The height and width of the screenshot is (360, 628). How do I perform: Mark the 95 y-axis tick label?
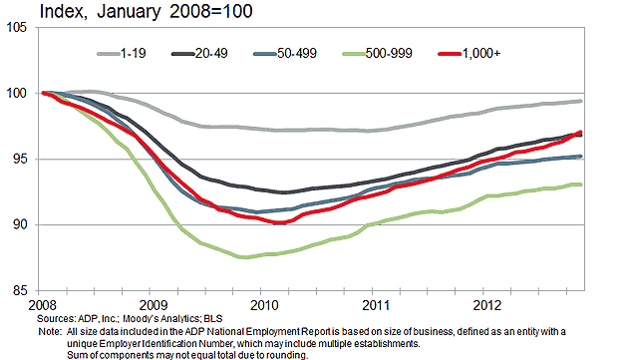pyautogui.click(x=20, y=160)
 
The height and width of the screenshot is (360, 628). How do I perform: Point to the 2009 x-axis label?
pyautogui.click(x=153, y=304)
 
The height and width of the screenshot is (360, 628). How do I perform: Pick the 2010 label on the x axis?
pyautogui.click(x=263, y=304)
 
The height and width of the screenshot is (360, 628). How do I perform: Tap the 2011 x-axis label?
pyautogui.click(x=374, y=304)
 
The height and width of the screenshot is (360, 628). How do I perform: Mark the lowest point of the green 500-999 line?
pyautogui.click(x=243, y=257)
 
